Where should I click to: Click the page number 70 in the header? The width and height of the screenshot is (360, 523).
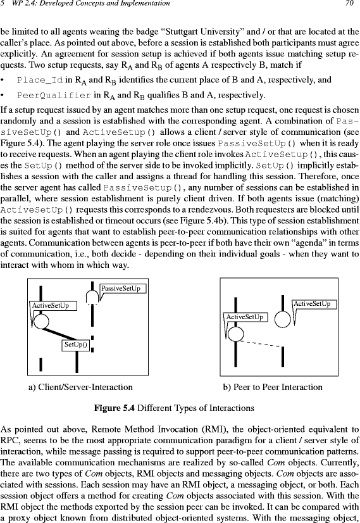[349, 3]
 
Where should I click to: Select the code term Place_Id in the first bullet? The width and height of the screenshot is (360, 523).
[40, 80]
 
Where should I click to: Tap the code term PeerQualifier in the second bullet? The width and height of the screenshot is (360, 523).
[54, 96]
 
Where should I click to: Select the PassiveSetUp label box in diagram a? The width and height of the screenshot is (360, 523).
[123, 289]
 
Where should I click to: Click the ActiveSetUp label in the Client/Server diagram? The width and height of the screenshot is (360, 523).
[53, 306]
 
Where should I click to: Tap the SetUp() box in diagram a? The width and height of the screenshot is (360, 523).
[76, 345]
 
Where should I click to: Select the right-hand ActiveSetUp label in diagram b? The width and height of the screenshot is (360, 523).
[314, 304]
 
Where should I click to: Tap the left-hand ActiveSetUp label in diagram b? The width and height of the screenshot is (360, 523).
[245, 317]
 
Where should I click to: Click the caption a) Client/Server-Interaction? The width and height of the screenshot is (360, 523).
[80, 388]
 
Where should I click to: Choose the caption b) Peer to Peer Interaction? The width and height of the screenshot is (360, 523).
[273, 388]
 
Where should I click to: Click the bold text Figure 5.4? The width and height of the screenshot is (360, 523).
[114, 408]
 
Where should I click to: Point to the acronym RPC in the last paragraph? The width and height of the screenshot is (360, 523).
[8, 441]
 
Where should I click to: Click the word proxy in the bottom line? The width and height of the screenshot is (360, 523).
[20, 518]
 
